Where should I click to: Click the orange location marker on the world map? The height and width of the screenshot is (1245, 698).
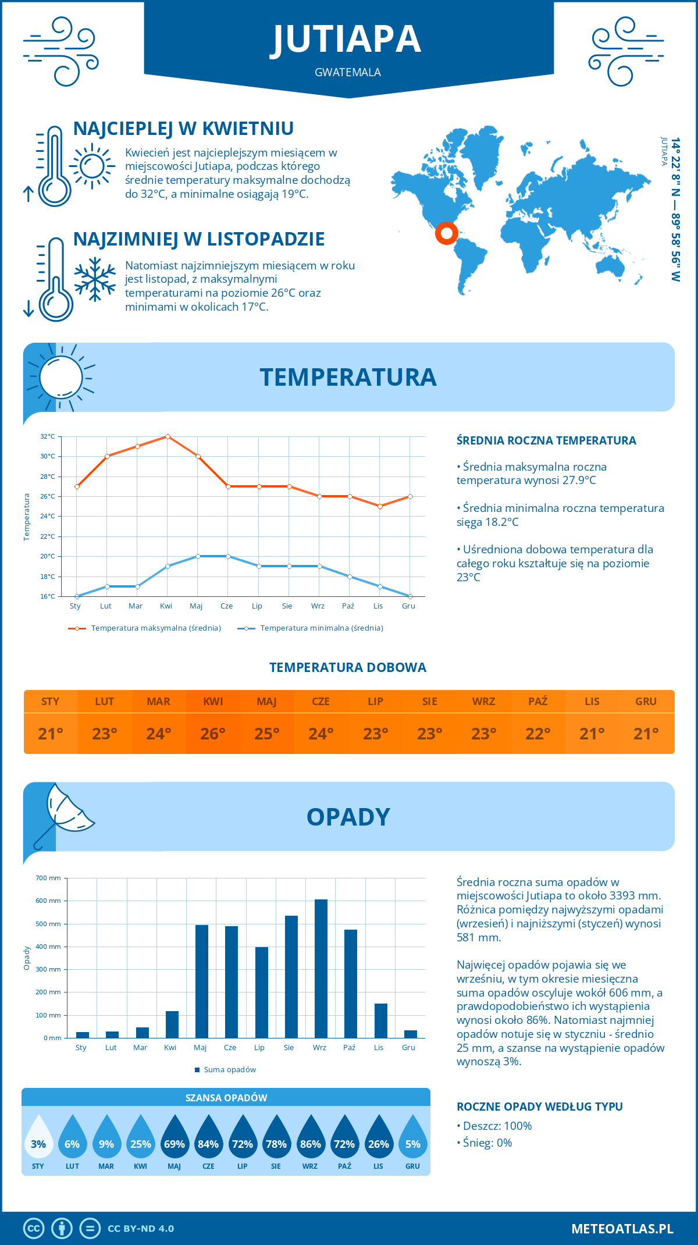click(446, 233)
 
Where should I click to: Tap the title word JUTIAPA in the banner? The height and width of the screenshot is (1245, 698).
click(348, 40)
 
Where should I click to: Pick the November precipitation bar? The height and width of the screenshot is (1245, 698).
click(381, 1020)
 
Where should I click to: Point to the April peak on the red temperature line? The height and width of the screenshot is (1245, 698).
click(168, 436)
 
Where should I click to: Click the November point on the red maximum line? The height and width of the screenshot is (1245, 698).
click(380, 506)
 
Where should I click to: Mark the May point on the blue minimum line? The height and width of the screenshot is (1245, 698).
click(198, 556)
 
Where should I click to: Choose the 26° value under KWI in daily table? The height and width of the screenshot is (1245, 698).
click(213, 734)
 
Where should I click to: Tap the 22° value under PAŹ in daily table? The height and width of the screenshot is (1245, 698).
click(538, 734)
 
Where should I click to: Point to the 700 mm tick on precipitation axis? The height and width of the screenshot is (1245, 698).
click(49, 878)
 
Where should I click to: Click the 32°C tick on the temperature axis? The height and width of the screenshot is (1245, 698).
click(48, 436)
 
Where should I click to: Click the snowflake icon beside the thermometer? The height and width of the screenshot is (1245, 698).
click(95, 279)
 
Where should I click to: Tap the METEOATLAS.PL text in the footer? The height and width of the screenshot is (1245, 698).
click(622, 1229)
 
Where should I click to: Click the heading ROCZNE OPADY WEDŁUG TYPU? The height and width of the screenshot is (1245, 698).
click(540, 1107)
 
